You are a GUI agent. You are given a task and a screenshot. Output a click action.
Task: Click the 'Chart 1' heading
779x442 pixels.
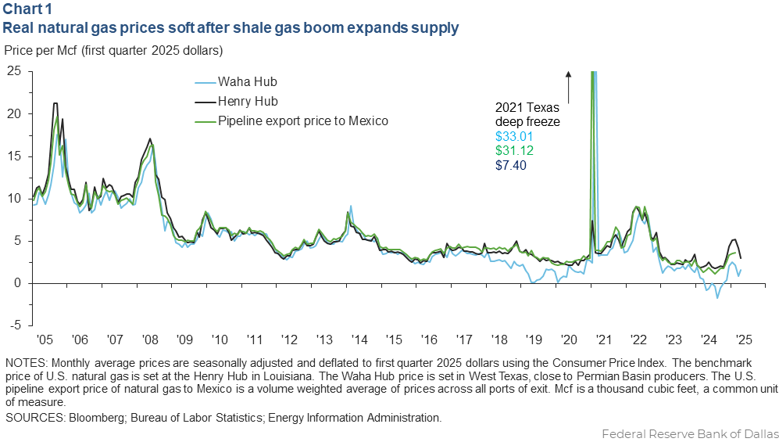pyautogui.click(x=25, y=9)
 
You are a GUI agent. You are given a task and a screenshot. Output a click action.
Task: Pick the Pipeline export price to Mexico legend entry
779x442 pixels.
pyautogui.click(x=303, y=121)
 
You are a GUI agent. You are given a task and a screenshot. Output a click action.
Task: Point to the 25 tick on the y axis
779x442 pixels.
pyautogui.click(x=14, y=70)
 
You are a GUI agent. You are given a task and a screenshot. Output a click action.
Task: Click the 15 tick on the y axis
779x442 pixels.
pyautogui.click(x=14, y=156)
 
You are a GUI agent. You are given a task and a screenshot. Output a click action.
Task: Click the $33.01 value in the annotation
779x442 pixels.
pyautogui.click(x=513, y=136)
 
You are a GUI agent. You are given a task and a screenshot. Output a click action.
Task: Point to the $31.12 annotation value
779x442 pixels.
pyautogui.click(x=513, y=150)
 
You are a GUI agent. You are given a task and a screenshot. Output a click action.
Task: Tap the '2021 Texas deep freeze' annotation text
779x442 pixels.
pyautogui.click(x=527, y=115)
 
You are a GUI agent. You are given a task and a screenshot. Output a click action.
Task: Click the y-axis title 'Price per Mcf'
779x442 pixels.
pyautogui.click(x=114, y=51)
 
